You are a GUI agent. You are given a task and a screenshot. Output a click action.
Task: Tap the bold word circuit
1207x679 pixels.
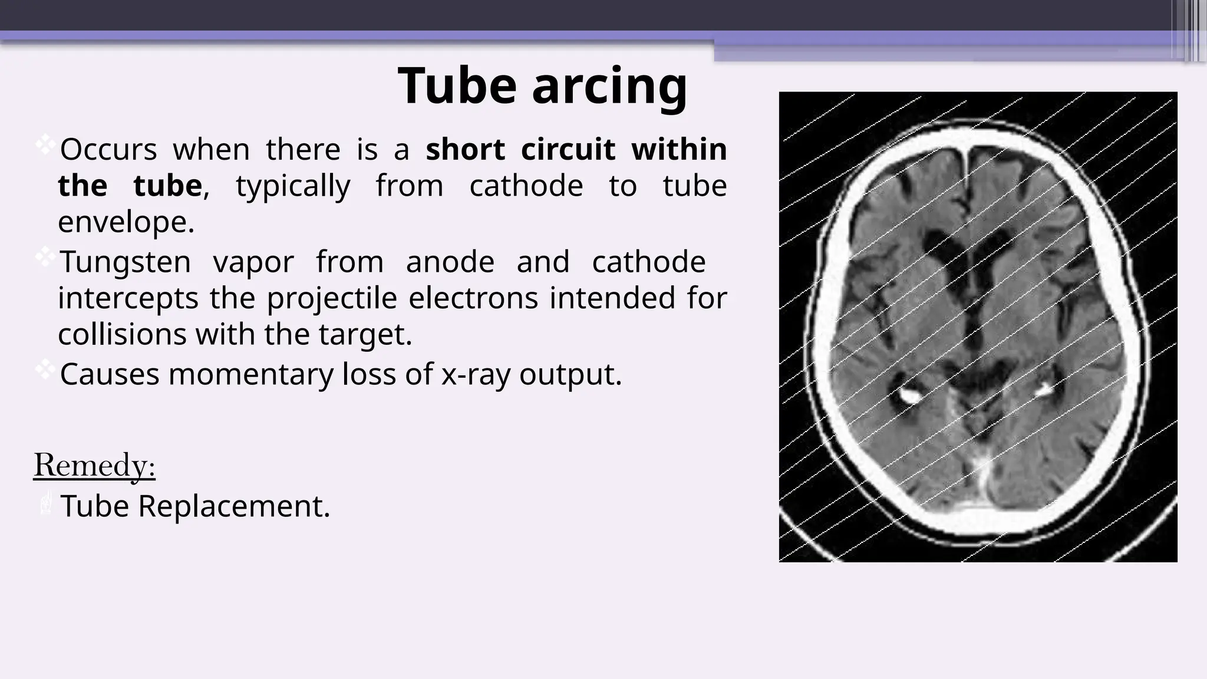point(568,149)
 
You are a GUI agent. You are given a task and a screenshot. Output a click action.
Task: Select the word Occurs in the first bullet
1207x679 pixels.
point(108,150)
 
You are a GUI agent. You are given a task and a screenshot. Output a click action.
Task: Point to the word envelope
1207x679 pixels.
point(126,223)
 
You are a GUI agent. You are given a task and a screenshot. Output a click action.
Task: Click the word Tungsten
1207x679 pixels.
point(126,262)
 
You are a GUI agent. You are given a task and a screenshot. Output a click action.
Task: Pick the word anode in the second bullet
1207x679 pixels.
point(450,262)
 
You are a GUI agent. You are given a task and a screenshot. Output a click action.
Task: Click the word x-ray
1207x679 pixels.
point(476,374)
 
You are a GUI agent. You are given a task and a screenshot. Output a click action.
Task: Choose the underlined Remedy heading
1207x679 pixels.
point(94,466)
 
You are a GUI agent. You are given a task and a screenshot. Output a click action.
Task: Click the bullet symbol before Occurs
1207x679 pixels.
point(45,145)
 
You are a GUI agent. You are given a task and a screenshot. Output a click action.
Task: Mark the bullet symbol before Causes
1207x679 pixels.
point(45,370)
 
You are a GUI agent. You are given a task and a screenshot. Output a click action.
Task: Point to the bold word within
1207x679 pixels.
point(679,149)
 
